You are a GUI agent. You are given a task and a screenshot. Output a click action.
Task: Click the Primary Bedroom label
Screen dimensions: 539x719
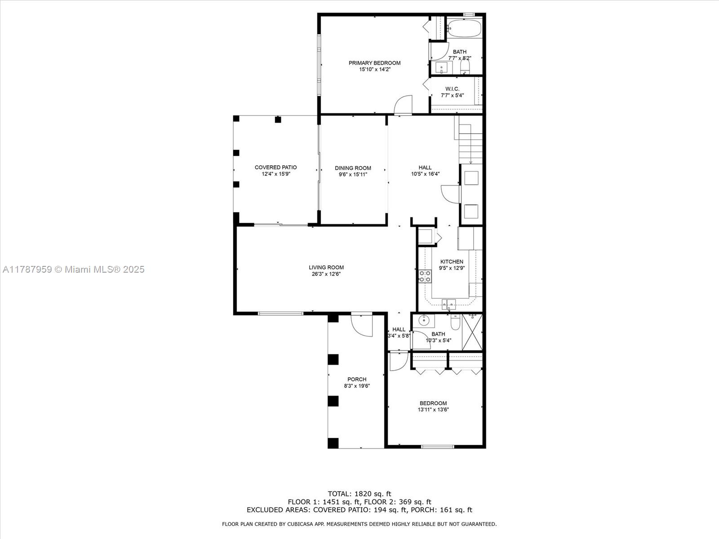click(374, 63)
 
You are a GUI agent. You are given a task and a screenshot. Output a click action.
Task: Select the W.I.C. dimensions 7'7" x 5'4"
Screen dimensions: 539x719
click(452, 95)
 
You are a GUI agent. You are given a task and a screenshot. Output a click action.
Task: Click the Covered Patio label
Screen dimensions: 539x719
click(275, 167)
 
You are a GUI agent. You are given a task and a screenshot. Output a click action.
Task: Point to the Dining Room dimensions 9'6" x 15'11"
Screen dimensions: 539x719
click(353, 174)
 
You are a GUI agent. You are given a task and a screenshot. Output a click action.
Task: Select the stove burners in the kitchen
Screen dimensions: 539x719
click(425, 276)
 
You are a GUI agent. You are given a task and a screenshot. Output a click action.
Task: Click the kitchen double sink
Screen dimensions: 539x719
click(448, 305)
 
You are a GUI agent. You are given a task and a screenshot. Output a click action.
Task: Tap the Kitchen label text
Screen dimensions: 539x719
click(452, 261)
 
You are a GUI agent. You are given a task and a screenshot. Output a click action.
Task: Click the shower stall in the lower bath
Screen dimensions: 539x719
click(472, 331)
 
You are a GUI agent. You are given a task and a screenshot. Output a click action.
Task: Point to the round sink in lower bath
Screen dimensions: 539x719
click(424, 321)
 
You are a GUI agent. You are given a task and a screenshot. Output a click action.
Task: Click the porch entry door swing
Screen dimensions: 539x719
click(362, 324)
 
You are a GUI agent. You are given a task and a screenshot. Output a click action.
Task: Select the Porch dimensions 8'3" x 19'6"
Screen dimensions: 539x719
click(357, 386)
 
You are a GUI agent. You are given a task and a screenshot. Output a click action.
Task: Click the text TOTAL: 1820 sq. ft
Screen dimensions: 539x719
click(359, 494)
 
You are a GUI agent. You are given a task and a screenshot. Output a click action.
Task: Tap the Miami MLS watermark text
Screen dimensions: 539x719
click(73, 269)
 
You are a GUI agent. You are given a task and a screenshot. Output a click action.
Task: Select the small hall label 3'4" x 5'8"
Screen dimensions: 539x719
click(399, 335)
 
